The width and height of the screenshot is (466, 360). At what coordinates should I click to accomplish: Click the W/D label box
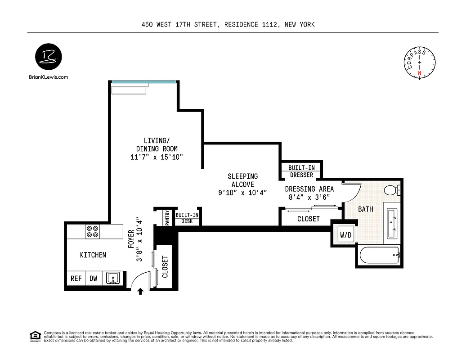345,235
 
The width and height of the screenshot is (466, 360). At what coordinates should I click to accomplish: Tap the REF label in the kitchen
76,279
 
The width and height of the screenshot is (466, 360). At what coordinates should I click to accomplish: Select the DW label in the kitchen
93,279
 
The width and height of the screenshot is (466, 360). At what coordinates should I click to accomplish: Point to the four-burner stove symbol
93,231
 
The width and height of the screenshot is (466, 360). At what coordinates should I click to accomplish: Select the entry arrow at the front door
140,292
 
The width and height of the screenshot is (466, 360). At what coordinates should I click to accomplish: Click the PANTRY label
167,218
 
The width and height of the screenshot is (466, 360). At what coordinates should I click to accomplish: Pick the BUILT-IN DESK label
187,218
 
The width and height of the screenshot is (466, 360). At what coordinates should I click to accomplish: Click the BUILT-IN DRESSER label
301,171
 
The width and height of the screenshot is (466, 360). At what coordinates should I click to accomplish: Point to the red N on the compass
420,73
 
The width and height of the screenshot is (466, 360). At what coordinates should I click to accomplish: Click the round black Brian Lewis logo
49,58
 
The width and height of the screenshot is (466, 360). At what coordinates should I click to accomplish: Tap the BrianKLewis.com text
48,77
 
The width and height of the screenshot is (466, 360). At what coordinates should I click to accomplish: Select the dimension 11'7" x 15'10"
157,157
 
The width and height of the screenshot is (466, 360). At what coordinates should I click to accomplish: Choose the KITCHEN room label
93,255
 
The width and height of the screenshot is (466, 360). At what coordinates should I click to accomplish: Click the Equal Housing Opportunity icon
34,336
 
